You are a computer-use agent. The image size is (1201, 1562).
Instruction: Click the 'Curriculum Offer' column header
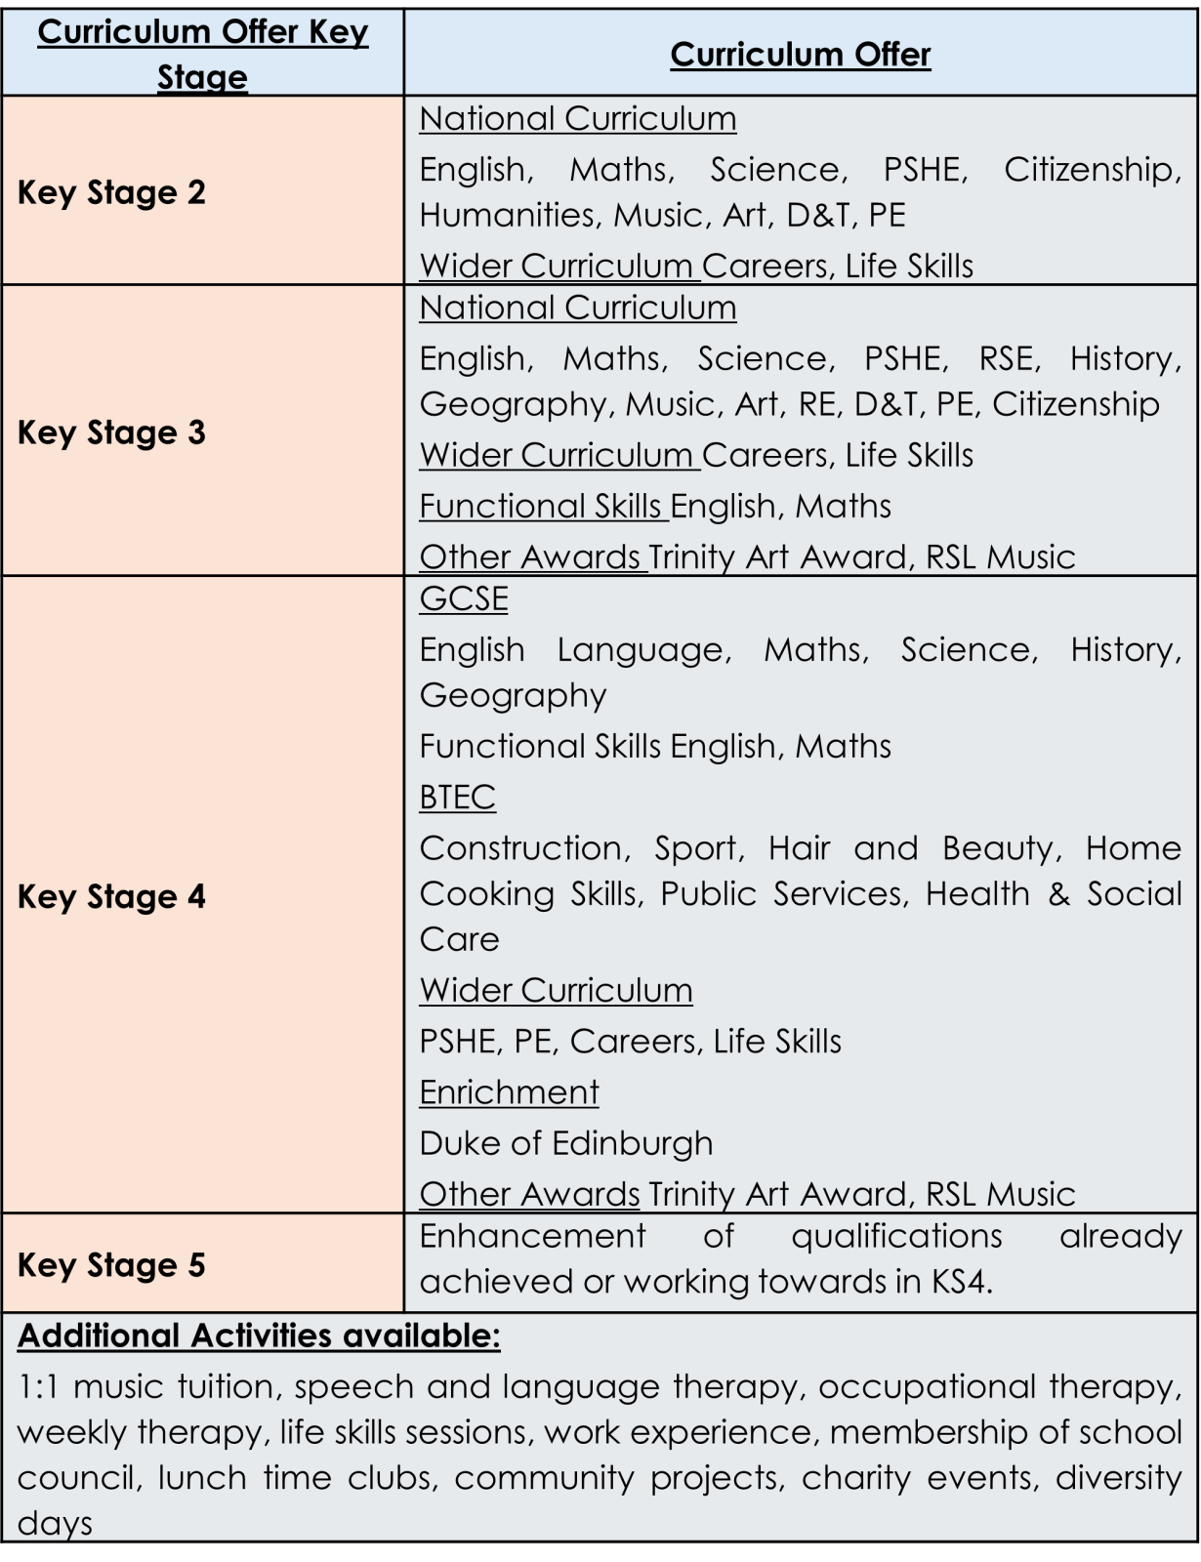800,55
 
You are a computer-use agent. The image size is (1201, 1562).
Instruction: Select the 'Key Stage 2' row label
111,192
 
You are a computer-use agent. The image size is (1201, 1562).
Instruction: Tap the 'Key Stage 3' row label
111,432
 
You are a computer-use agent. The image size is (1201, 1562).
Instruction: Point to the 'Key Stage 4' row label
111,896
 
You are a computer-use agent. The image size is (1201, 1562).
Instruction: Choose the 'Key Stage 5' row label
111,1265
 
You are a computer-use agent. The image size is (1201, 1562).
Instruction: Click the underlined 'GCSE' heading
464,598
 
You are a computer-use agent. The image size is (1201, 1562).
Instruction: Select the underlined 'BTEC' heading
457,798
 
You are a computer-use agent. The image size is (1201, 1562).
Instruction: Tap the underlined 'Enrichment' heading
509,1092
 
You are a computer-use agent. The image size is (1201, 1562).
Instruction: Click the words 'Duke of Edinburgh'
566,1143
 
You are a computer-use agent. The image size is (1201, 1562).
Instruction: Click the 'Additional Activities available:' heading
259,1336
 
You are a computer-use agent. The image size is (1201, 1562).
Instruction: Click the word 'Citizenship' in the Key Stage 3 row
1076,404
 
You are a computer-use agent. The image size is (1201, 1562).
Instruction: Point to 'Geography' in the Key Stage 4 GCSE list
513,695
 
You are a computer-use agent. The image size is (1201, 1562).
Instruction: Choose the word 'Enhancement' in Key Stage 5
532,1236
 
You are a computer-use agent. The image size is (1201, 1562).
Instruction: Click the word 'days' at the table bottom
55,1524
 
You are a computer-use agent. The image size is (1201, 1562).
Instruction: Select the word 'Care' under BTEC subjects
459,939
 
